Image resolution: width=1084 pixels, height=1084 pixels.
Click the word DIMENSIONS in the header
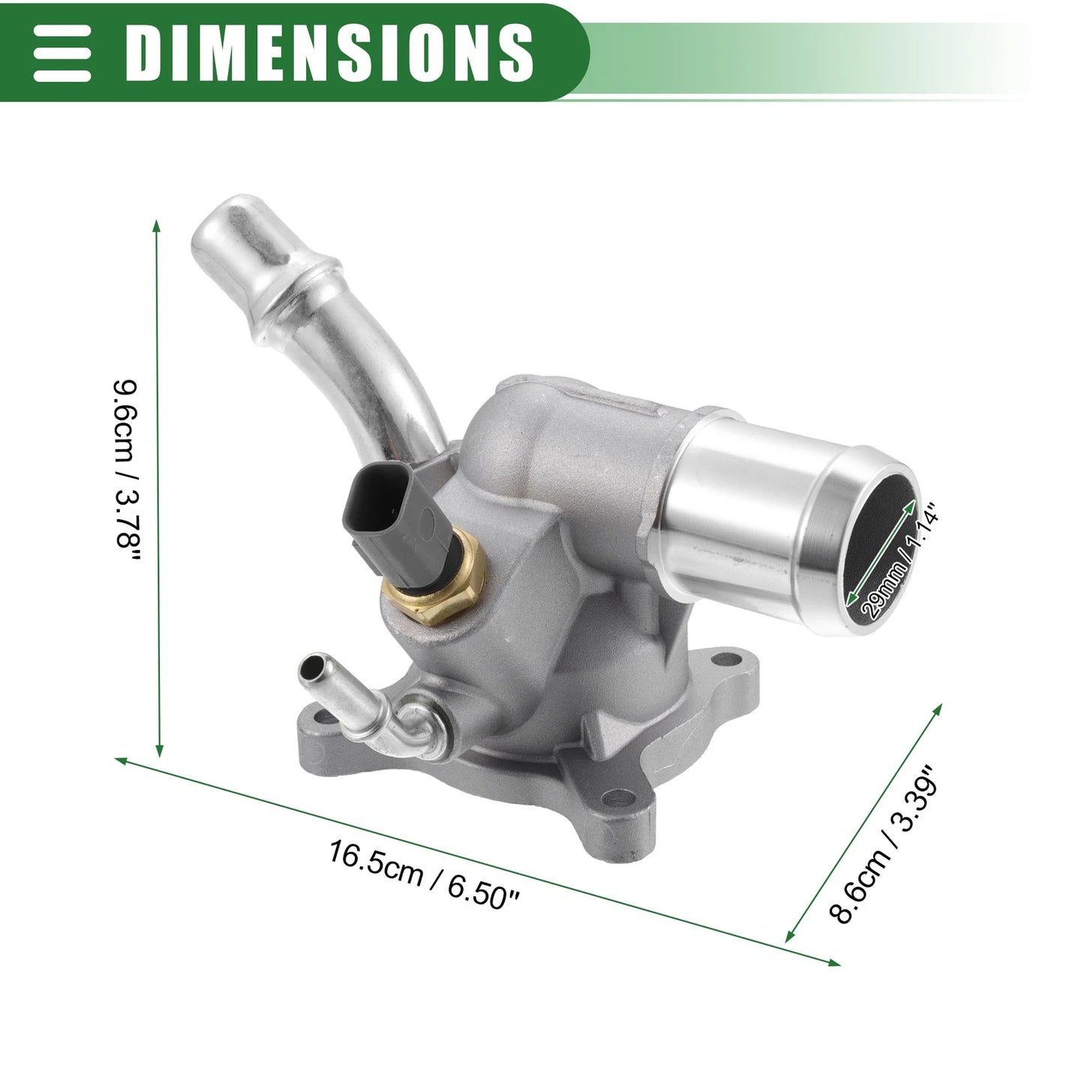(329, 53)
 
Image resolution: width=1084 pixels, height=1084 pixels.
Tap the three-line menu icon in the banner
(62, 53)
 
